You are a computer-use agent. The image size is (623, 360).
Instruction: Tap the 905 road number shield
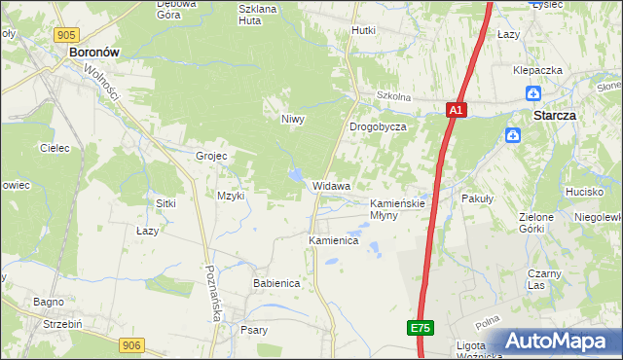66,35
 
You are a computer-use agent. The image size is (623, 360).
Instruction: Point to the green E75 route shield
420,329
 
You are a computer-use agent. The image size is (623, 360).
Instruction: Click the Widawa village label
331,185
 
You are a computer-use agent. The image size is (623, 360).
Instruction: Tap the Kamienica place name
334,239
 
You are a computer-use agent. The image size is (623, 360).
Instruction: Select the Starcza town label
555,114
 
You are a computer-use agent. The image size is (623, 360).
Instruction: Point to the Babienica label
276,283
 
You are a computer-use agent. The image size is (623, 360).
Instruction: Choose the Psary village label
254,330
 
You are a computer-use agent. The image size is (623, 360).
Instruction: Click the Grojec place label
211,156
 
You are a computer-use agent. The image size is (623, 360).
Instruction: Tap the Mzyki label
231,196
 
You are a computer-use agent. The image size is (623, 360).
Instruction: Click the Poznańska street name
213,292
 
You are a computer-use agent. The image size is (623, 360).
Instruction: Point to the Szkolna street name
394,97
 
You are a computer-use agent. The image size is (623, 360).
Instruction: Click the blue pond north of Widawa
294,175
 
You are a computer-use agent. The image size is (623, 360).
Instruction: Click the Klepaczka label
539,71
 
